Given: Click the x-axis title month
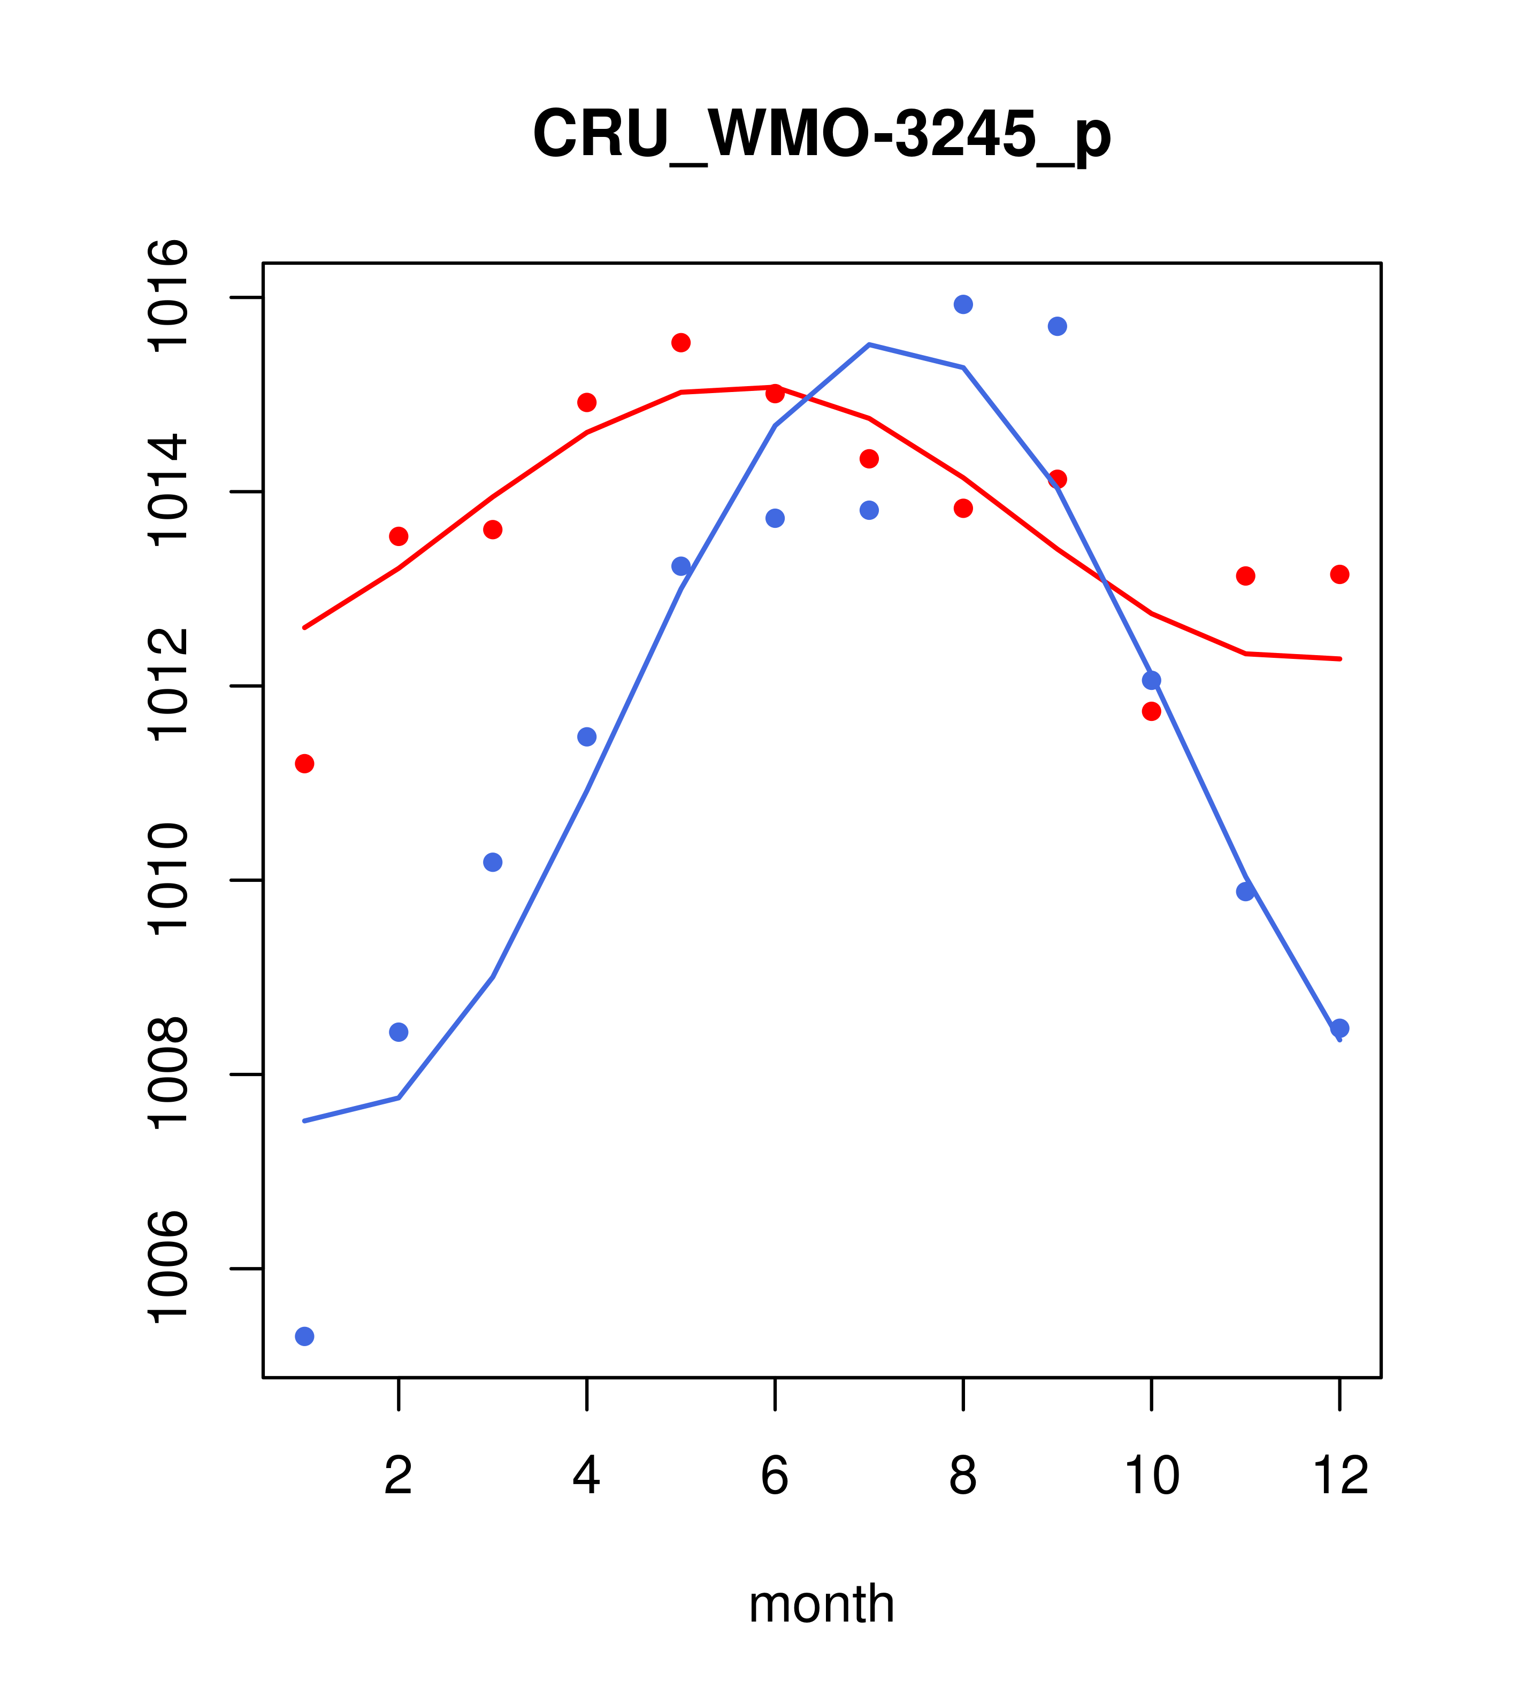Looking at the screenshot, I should (x=821, y=1604).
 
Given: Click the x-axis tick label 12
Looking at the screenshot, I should (x=1340, y=1476).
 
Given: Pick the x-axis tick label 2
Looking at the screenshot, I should (x=399, y=1476).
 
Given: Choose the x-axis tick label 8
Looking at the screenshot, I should (x=963, y=1476).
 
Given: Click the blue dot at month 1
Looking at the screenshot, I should (x=304, y=1337).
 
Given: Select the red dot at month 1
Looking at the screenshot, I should (x=304, y=764).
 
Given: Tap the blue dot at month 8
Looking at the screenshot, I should (x=963, y=304).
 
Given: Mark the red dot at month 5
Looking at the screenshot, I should (x=681, y=343).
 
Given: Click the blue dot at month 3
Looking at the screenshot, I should (x=493, y=862).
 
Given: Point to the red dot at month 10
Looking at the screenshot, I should (x=1151, y=711).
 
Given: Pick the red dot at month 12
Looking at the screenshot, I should (x=1340, y=574).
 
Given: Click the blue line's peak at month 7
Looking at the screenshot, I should (x=869, y=344).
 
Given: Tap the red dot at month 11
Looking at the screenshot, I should (x=1246, y=575).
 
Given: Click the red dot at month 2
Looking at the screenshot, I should (x=399, y=536).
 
